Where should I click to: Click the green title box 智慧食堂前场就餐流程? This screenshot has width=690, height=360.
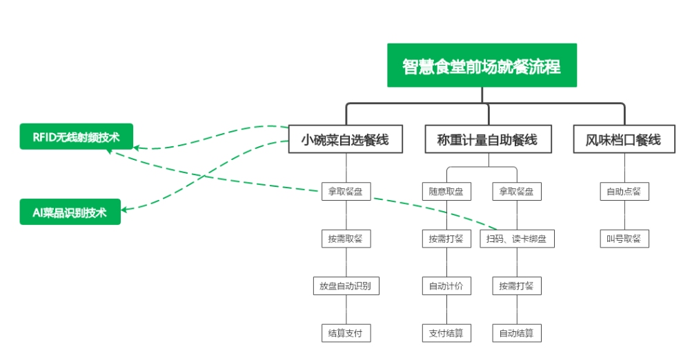coord(481,66)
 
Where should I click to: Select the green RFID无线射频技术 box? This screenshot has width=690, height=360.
coord(76,137)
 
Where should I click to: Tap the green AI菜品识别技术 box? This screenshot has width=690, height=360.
coord(70,212)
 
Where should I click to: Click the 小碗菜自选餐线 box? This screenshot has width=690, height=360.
coord(345,140)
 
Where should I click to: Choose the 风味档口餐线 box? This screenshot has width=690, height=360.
coord(623,140)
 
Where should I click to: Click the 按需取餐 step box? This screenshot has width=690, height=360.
coord(346,239)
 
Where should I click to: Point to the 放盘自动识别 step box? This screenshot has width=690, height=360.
coord(346,286)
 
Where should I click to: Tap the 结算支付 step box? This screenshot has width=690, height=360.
coord(346,333)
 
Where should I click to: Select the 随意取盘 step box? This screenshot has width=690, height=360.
coord(446,192)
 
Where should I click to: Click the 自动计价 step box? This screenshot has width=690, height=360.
coord(446,286)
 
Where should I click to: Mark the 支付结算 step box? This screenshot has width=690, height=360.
coord(446,333)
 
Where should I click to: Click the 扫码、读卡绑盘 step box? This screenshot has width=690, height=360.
coord(517,239)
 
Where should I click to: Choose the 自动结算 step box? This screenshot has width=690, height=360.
coord(517,333)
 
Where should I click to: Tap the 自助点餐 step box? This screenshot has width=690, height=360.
coord(624,192)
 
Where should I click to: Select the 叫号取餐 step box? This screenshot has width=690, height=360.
coord(624,239)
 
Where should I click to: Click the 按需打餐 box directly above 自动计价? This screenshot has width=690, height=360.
coord(446,239)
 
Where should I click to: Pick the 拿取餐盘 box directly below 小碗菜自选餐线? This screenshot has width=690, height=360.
coord(346,192)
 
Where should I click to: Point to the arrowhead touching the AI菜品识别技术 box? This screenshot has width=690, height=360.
coord(127,208)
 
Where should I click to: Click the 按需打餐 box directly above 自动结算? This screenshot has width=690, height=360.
coord(517,286)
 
